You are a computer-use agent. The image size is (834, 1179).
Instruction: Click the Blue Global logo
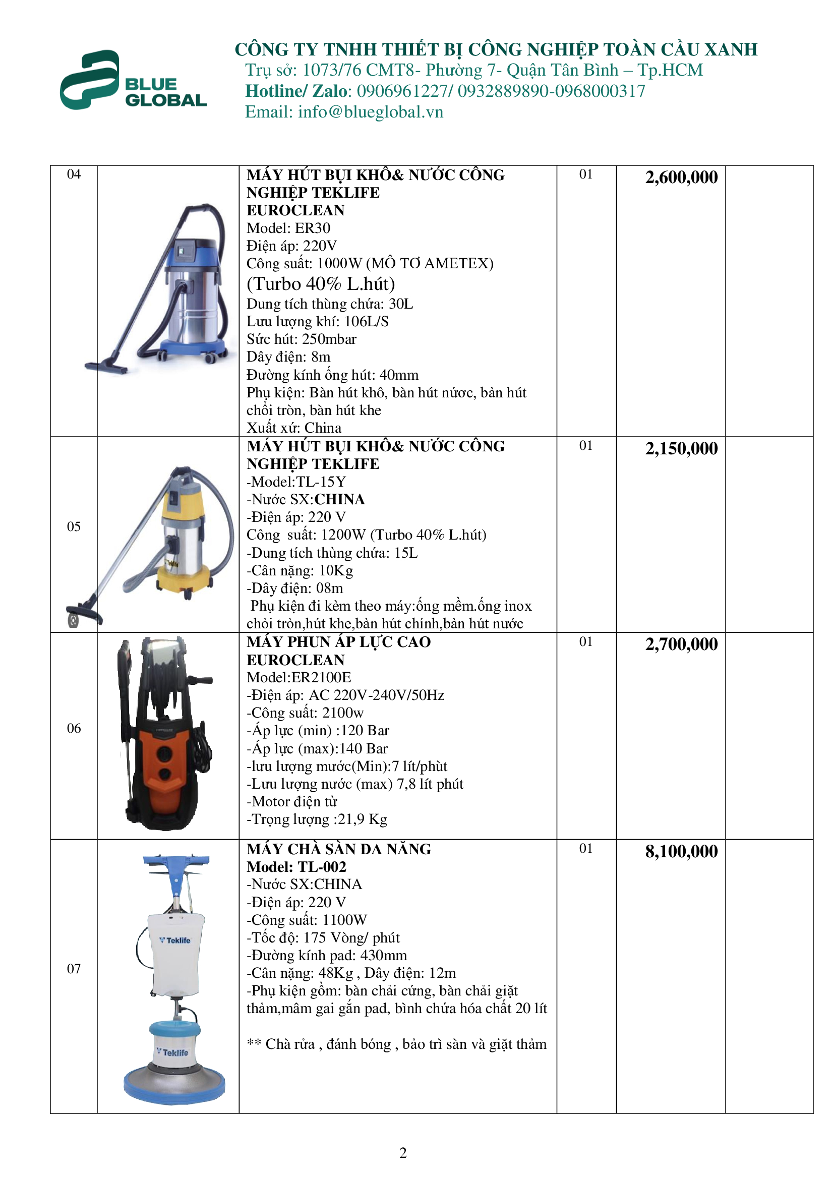coord(133,81)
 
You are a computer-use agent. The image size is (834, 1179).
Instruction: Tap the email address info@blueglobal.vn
coord(370,112)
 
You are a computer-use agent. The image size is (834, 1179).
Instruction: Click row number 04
coord(74,174)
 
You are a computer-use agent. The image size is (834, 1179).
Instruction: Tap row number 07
coord(74,968)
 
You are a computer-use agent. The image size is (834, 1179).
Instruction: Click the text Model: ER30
coord(288,228)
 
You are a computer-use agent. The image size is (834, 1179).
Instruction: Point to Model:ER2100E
coord(299,677)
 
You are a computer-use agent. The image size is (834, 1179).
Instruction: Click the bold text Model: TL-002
coord(296,867)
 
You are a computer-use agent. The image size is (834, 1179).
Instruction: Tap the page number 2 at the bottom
coord(403,1153)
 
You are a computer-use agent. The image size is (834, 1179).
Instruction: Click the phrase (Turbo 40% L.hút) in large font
coord(321,284)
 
